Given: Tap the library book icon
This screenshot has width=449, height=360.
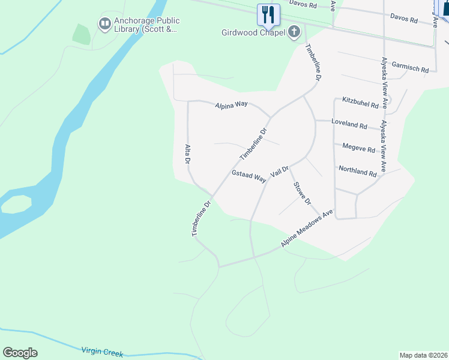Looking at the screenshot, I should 104,23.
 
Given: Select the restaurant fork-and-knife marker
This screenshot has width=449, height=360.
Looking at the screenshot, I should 268,14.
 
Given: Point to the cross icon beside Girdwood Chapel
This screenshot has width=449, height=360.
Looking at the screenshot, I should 294,32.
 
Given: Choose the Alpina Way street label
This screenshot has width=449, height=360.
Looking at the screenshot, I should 231,104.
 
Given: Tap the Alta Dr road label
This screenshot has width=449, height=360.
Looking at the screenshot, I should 188,154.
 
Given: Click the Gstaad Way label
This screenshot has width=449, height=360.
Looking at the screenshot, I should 249,176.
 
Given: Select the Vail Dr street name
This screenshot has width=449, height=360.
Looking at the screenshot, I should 280,170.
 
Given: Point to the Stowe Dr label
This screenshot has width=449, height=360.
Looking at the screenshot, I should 301,193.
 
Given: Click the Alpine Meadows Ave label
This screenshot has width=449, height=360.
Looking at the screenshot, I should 307,229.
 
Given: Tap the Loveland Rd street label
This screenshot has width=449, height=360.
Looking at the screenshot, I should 349,125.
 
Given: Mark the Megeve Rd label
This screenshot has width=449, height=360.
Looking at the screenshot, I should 358,148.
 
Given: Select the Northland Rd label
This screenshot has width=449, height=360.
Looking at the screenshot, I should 357,171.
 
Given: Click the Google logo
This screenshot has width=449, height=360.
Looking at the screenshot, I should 20,353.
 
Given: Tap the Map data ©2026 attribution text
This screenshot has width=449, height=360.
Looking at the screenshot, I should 423,355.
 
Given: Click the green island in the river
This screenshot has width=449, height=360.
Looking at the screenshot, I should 16,204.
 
